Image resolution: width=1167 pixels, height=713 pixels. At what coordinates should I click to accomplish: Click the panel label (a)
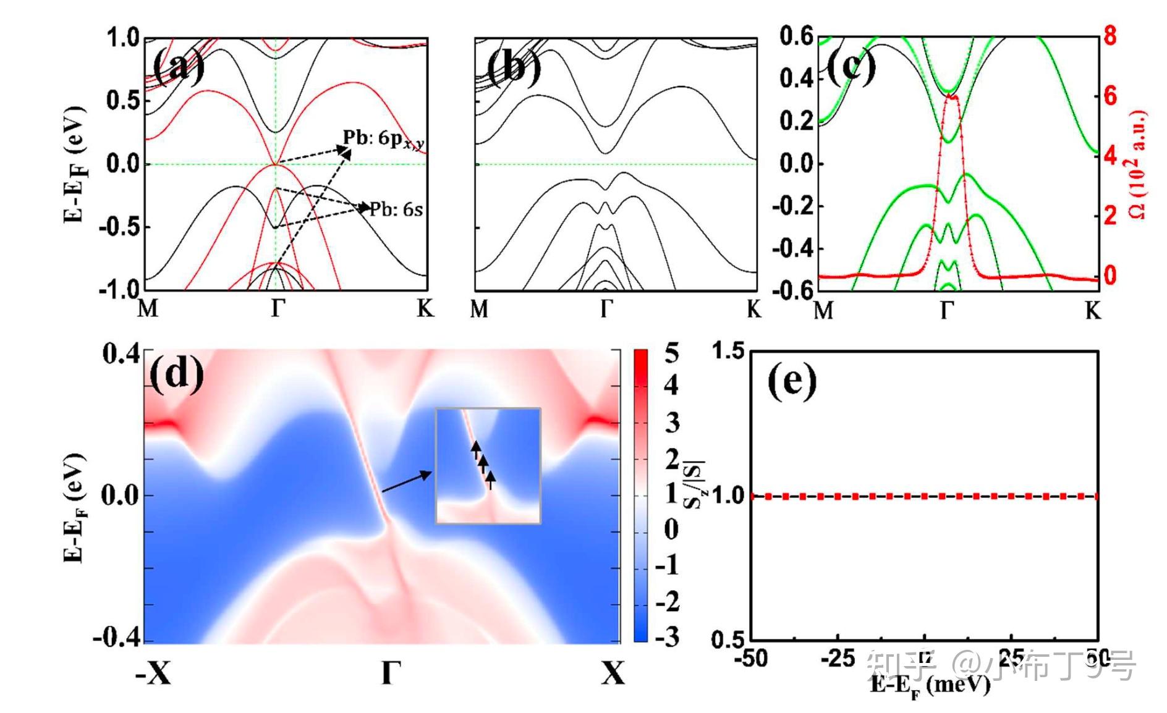[x=178, y=67]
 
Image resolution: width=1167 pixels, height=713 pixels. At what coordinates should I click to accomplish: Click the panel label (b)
[x=512, y=67]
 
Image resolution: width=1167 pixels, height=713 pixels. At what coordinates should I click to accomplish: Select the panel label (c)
[x=851, y=67]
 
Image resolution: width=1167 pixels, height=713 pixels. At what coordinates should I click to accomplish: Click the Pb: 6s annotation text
[x=396, y=209]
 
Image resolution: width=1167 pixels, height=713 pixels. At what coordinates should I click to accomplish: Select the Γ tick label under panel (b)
[x=606, y=308]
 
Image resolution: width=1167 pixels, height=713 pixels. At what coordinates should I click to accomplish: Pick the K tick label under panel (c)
[x=1093, y=310]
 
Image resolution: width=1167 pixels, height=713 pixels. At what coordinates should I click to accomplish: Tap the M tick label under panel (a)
[x=148, y=308]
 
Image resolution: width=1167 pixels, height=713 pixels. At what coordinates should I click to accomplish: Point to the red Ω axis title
[x=1137, y=164]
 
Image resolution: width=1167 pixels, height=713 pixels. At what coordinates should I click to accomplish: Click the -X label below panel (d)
[x=153, y=673]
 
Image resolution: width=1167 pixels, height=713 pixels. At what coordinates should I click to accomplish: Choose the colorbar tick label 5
[x=671, y=353]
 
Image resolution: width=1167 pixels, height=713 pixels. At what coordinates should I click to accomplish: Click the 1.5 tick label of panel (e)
[x=729, y=351]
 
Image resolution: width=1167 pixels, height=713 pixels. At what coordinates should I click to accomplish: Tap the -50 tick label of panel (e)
[x=750, y=659]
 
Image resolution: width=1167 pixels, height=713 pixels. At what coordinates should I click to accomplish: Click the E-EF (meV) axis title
[x=930, y=685]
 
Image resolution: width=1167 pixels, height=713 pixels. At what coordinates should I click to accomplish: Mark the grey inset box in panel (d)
[x=488, y=466]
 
